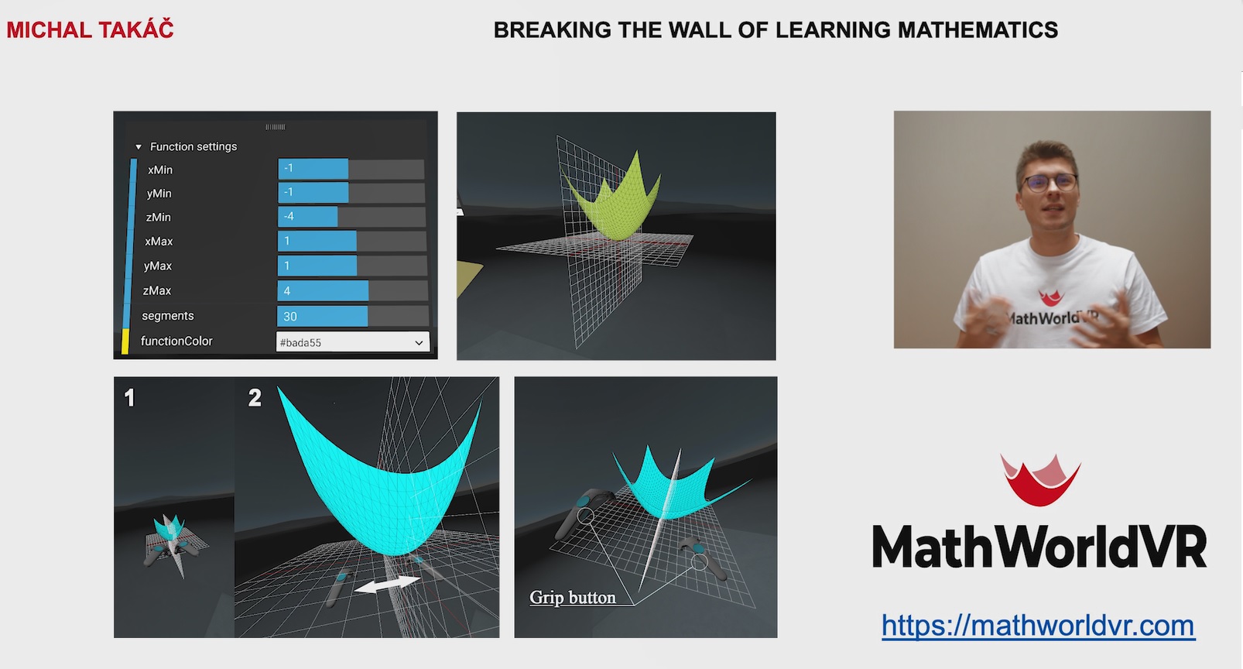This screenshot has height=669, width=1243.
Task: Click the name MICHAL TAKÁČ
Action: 90,30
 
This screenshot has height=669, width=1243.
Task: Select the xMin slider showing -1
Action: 351,169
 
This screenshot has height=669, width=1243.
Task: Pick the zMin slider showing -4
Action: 351,217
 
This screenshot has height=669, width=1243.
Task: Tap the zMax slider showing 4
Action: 352,291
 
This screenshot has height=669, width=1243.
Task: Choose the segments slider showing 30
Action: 352,316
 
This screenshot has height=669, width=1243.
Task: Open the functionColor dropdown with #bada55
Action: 352,342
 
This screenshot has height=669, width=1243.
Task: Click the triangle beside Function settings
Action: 139,147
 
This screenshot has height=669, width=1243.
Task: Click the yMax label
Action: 158,266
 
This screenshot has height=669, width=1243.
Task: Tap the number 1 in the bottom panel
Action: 129,397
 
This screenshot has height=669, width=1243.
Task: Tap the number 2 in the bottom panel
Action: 255,397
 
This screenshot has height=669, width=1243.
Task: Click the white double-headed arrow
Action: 387,584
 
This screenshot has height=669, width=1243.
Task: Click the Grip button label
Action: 572,598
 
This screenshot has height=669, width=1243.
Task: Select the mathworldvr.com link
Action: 1038,626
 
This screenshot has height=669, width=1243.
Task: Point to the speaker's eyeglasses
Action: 1049,183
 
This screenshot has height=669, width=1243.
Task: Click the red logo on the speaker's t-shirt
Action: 1050,297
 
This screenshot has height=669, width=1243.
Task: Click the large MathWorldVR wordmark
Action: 1039,547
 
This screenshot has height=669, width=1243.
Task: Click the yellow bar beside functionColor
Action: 125,341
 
